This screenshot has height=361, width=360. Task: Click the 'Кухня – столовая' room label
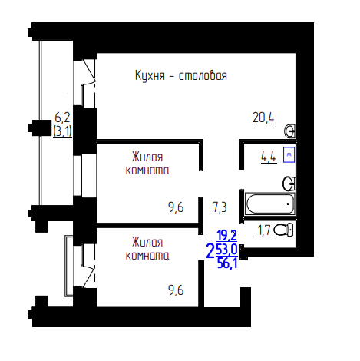181,75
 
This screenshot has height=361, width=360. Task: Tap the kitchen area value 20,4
263,118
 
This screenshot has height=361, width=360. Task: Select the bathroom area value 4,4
269,157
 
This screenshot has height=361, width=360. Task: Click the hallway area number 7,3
220,207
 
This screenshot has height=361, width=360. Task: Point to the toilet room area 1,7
264,230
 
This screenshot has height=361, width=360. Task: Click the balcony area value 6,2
62,118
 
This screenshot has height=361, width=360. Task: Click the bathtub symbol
269,204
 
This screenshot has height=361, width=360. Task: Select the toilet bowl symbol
283,230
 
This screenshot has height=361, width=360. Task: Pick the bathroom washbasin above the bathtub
289,183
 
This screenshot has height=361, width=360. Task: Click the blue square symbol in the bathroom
289,154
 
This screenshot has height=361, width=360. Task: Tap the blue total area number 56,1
227,263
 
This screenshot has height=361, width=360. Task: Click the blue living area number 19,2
226,236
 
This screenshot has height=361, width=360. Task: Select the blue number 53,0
227,250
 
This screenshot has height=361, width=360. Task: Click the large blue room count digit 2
210,251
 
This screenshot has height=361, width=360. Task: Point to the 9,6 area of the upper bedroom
176,207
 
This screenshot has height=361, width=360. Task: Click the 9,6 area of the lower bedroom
176,290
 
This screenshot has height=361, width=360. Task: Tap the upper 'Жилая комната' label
147,164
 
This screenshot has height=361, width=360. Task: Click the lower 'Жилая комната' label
147,249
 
